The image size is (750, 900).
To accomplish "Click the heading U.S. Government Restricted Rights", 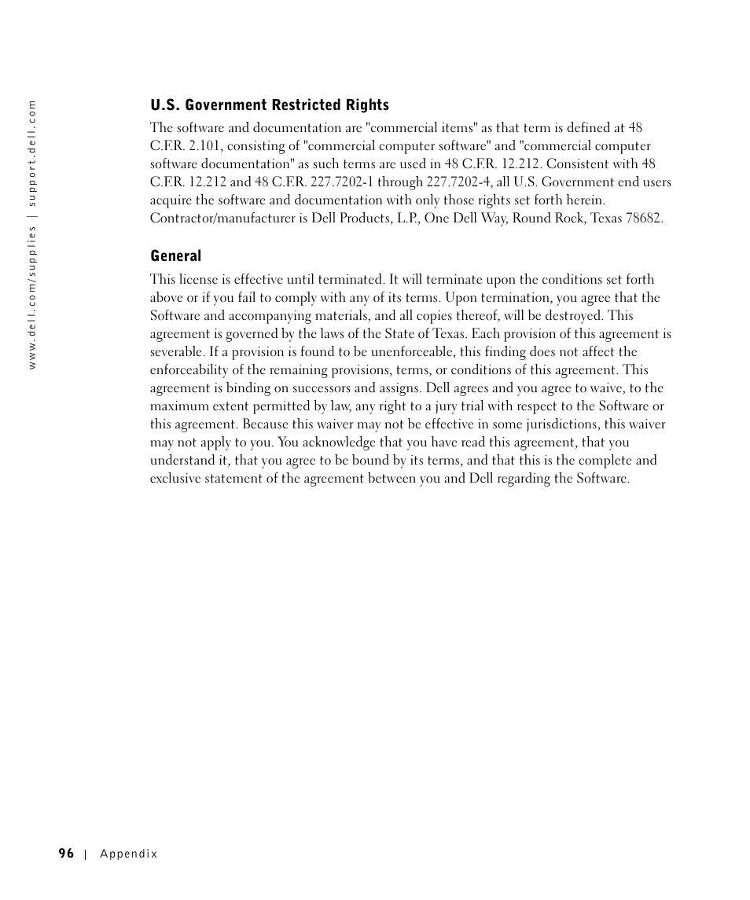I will (x=270, y=105).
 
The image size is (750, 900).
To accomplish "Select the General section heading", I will (x=176, y=256).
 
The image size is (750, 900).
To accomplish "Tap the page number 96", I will (x=66, y=854).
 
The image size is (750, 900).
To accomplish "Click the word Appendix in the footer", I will (x=129, y=854).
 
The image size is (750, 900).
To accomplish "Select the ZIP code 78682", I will (x=644, y=219).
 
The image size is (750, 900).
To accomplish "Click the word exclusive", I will (x=176, y=479).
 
